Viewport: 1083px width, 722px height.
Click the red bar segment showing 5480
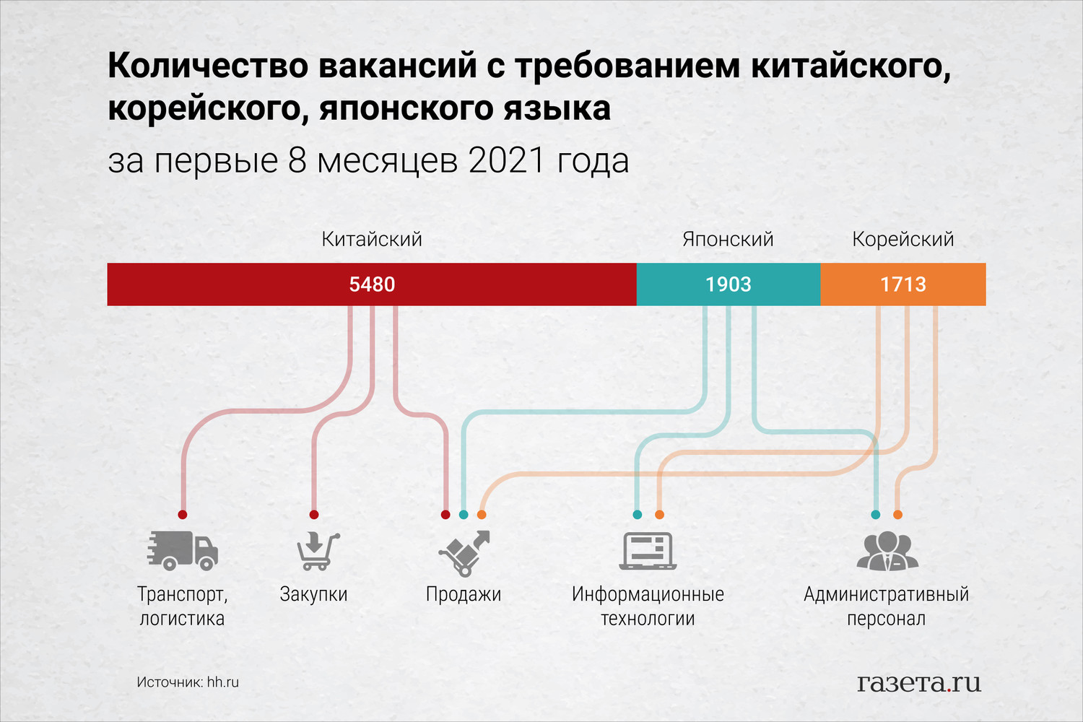(x=372, y=284)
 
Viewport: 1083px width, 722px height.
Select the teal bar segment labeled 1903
(x=728, y=284)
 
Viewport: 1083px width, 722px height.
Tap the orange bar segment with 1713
(x=903, y=284)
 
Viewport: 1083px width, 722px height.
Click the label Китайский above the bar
(x=372, y=240)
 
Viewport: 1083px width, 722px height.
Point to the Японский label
(x=728, y=240)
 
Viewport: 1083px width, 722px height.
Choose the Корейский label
(x=903, y=240)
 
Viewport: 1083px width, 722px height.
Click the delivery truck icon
(x=183, y=550)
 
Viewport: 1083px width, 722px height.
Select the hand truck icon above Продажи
(x=464, y=553)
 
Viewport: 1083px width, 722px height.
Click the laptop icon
(x=648, y=551)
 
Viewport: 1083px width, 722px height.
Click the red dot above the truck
(x=182, y=515)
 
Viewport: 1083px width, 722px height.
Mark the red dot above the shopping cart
(x=314, y=515)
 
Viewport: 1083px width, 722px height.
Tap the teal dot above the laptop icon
(x=638, y=515)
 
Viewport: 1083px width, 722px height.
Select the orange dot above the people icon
(x=897, y=515)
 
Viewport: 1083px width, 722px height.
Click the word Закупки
(x=314, y=594)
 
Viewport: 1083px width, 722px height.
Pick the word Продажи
(x=464, y=594)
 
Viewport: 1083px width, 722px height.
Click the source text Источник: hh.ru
(x=188, y=682)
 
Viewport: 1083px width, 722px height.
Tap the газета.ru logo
(x=919, y=682)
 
